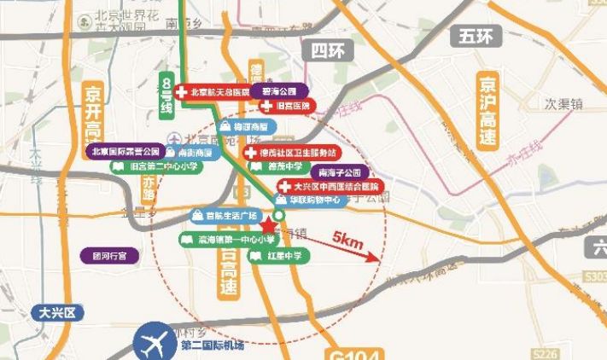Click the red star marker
point(268,226)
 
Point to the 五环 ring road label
point(476,36)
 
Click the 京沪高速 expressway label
point(488,111)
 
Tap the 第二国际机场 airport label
point(213,345)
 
